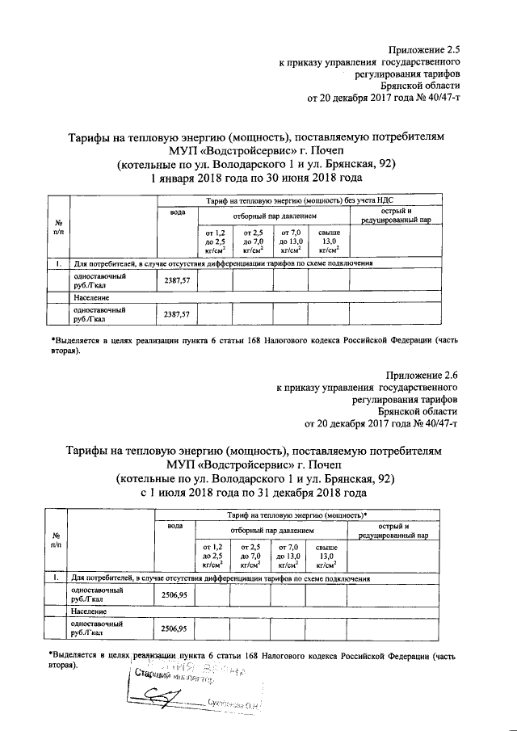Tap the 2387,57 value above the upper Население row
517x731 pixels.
[x=176, y=280]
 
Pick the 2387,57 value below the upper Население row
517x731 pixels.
[x=176, y=315]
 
